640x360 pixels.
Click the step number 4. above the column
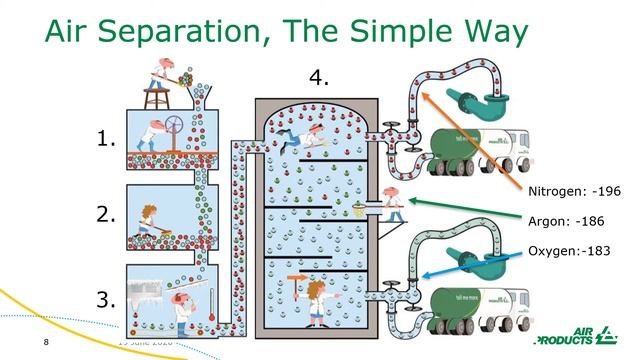coord(318,78)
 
